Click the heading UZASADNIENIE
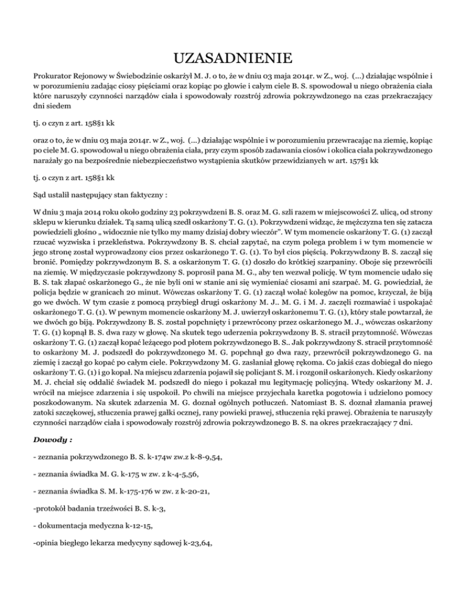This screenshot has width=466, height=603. point(233,59)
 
